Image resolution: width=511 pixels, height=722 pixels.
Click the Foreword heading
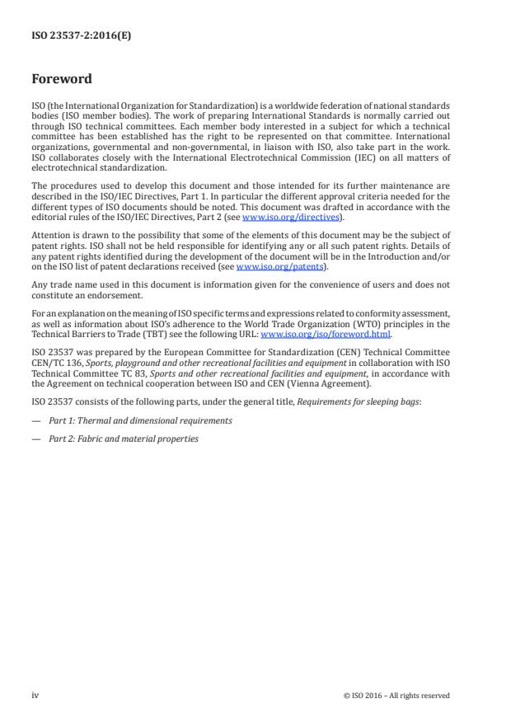[x=62, y=80]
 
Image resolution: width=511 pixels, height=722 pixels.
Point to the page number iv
[x=35, y=695]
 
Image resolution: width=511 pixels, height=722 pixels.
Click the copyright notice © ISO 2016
[x=396, y=696]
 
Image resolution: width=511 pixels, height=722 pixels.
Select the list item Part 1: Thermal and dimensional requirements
[x=139, y=421]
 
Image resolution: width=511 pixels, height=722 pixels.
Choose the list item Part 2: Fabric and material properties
[x=124, y=438]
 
